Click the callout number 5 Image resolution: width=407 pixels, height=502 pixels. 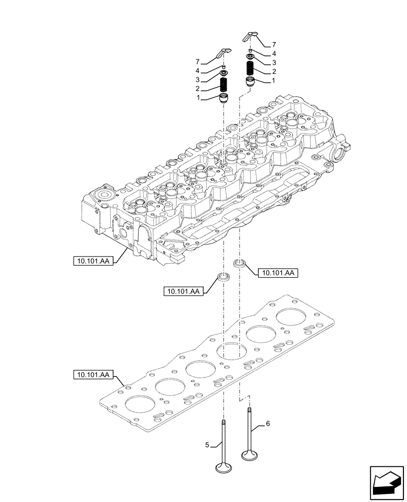(x=207, y=443)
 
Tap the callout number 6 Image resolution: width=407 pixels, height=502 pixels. (x=268, y=424)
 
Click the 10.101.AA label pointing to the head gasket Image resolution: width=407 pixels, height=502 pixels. (x=94, y=374)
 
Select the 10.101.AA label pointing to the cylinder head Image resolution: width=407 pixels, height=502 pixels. (x=94, y=261)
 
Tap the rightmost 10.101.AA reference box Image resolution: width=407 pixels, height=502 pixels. (x=277, y=273)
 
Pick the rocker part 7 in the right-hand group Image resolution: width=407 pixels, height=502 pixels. (x=250, y=36)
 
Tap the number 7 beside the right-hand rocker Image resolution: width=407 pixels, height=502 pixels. (x=274, y=45)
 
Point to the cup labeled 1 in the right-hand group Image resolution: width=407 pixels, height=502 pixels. (x=250, y=81)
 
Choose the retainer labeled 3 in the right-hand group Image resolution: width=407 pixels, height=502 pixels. (x=250, y=57)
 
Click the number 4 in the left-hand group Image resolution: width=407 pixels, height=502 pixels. (x=199, y=70)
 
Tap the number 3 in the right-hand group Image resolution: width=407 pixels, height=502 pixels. (x=274, y=62)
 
